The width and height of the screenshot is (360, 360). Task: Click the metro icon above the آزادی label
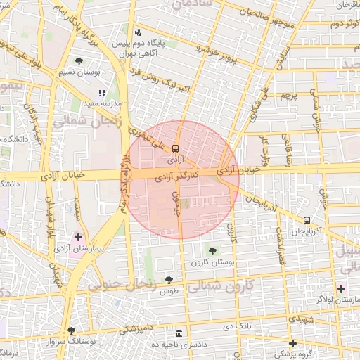click(175, 148)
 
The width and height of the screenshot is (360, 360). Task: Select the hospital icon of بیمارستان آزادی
click(78, 237)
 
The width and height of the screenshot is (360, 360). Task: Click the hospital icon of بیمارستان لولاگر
click(341, 288)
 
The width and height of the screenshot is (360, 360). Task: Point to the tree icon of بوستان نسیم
click(79, 61)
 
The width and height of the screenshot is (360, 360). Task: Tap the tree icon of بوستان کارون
click(212, 250)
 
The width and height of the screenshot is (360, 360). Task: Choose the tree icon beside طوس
click(169, 280)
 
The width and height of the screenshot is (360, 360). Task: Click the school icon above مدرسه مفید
click(103, 92)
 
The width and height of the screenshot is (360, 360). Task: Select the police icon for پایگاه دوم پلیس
click(138, 32)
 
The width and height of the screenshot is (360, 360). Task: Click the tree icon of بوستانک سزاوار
click(70, 330)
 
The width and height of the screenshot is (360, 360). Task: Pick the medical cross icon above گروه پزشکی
click(293, 342)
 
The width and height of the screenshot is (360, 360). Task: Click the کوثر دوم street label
click(328, 23)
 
